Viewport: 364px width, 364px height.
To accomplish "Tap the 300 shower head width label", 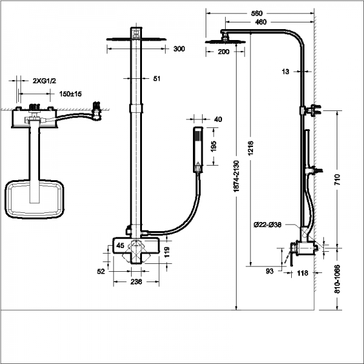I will point(178,49).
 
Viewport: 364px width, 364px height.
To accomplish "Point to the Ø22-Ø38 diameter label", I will point(268,225).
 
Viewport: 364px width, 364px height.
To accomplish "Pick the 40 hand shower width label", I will point(218,119).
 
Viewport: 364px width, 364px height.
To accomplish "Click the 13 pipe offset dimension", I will point(288,72).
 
